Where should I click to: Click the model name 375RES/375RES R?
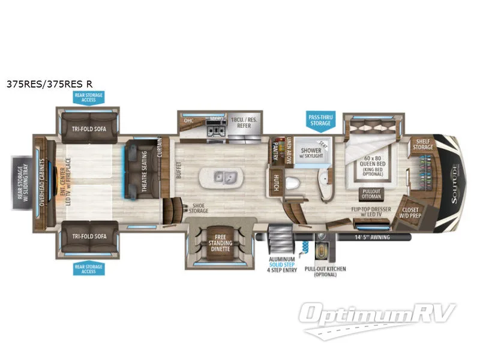coord(49,84)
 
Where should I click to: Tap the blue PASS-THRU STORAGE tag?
coord(320,119)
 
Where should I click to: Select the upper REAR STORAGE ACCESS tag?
coord(88,98)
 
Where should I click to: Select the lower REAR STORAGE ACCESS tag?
coord(88,268)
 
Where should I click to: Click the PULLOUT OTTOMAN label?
coord(371,194)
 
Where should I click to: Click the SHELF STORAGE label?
coord(422,145)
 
